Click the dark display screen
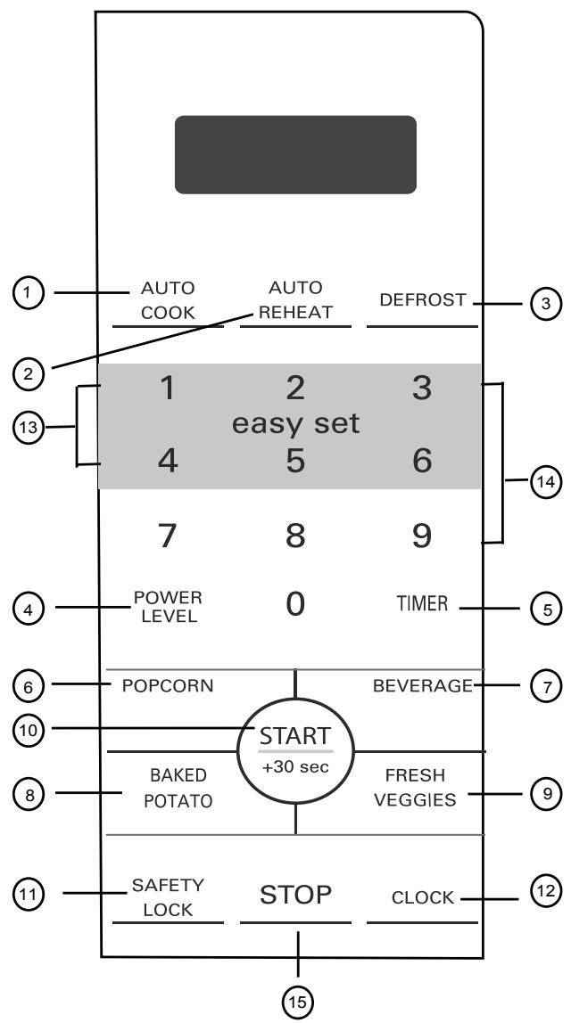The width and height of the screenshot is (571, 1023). [295, 154]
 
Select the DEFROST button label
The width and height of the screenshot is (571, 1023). [423, 300]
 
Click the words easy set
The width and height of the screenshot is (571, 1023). [295, 424]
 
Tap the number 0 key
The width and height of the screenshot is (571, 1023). [295, 605]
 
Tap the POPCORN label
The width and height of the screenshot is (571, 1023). [161, 685]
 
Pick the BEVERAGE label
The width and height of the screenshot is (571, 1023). [423, 685]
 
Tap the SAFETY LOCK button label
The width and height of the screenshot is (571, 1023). [169, 898]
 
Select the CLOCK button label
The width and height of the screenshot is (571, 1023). [423, 898]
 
